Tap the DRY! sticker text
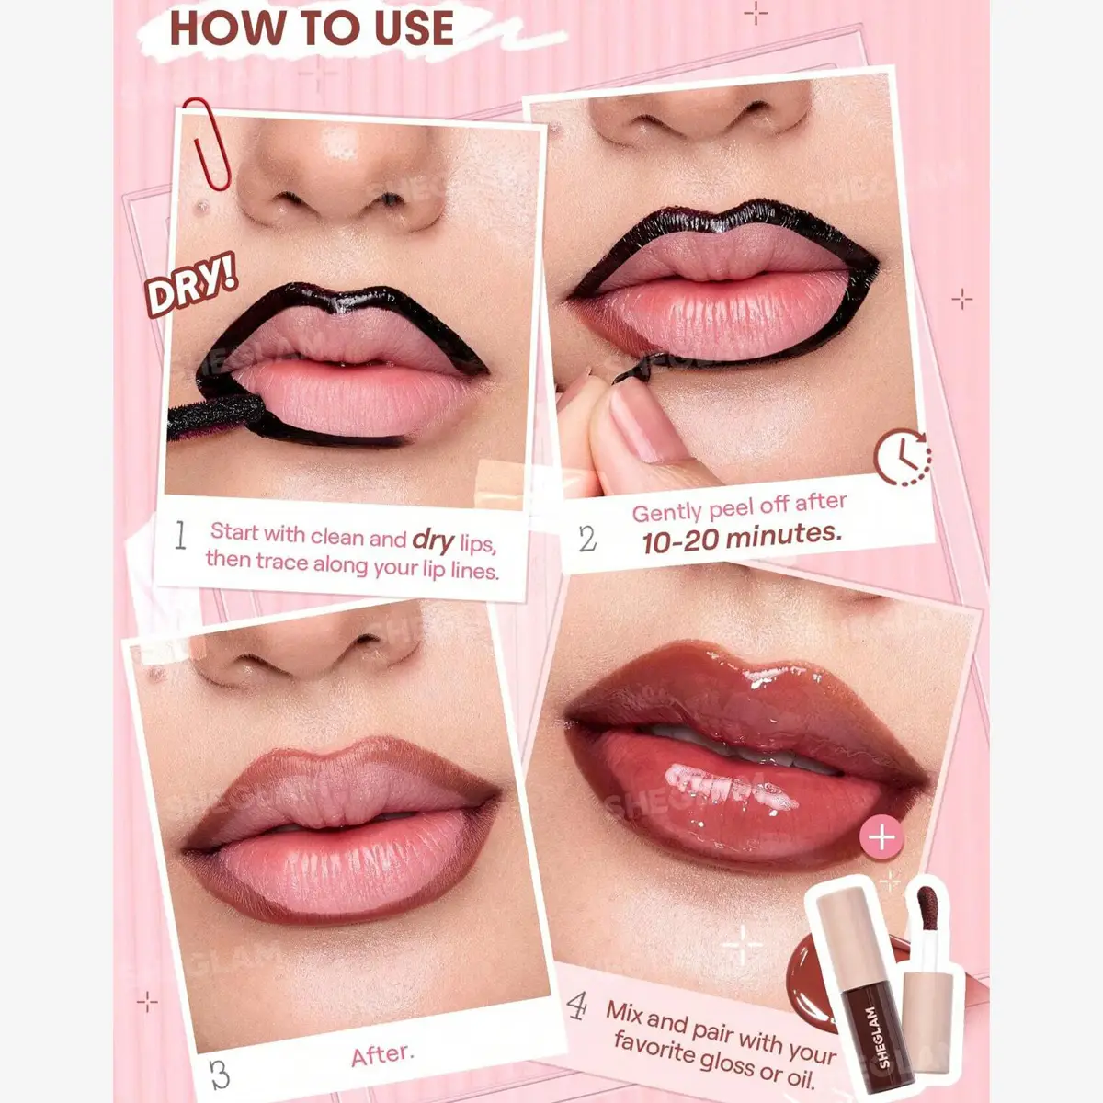click(x=190, y=284)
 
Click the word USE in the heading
click(x=415, y=28)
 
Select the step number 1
click(x=180, y=535)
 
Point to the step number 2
click(x=587, y=539)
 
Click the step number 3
click(x=220, y=1075)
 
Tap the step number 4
click(x=577, y=1006)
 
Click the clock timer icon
click(x=902, y=458)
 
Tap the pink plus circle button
click(x=881, y=837)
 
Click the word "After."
click(x=382, y=1055)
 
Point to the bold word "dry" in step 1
click(x=433, y=540)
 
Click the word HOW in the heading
click(x=229, y=28)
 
